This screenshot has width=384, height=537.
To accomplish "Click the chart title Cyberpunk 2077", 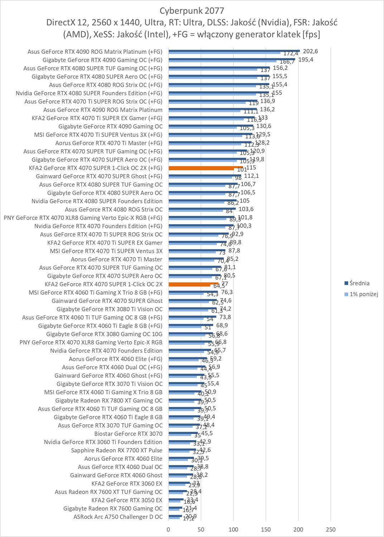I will pos(192,10).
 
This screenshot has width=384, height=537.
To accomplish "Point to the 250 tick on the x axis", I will pos(331,529).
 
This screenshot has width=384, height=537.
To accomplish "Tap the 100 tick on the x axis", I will pos(234,529).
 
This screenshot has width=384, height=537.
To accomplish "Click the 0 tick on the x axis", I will pos(168,529).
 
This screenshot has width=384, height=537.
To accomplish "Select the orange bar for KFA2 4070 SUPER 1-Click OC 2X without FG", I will pos(193,284).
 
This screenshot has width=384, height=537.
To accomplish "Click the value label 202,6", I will pos(310,51).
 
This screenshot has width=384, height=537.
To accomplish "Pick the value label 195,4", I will pos(306,59).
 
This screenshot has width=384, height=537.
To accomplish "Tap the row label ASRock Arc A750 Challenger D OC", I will pos(118,517).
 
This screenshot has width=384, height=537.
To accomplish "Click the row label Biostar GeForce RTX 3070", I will pos(128,434).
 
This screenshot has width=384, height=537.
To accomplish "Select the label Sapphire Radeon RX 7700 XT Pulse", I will pos(116,450).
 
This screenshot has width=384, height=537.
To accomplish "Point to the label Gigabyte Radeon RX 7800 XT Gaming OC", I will pos(109,401).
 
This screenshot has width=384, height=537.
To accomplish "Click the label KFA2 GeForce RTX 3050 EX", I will pos(127,500).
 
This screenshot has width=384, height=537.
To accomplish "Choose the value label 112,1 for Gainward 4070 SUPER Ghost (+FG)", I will pos(251,176).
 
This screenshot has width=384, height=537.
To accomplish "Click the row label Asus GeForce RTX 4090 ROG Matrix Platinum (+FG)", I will pos(95,52).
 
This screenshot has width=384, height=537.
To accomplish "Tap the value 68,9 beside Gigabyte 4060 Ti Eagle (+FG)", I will pos(222,325).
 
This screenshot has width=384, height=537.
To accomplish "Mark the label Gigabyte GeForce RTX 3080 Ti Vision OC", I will pos(109,309).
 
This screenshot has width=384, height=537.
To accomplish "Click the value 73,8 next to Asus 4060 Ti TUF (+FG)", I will pos(225,317).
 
